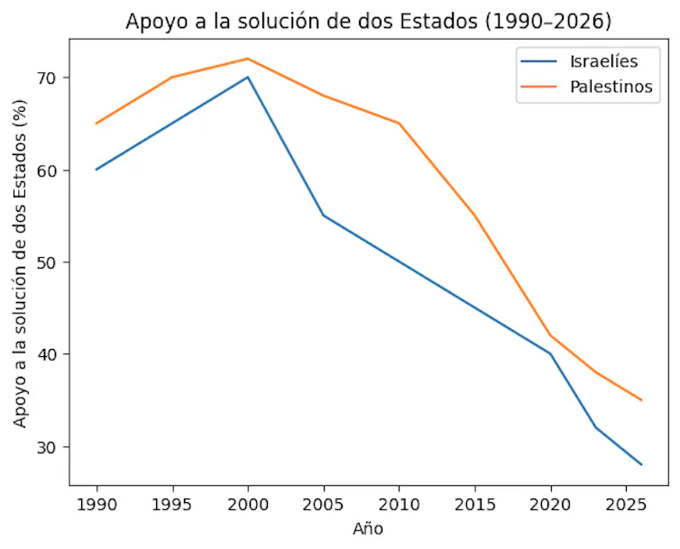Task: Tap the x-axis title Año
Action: pos(367,529)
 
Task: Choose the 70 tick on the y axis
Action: pos(47,78)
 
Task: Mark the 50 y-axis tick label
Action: pos(47,262)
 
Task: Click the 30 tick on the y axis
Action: pos(47,447)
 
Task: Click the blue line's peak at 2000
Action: pos(247,78)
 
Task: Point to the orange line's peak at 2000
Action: pos(247,59)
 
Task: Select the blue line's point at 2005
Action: pos(323,215)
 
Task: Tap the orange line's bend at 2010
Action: pos(399,124)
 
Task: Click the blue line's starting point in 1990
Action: pos(96,169)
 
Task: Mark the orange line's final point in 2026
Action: pos(641,400)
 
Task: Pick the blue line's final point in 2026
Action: pos(641,464)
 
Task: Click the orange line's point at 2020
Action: pos(550,335)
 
